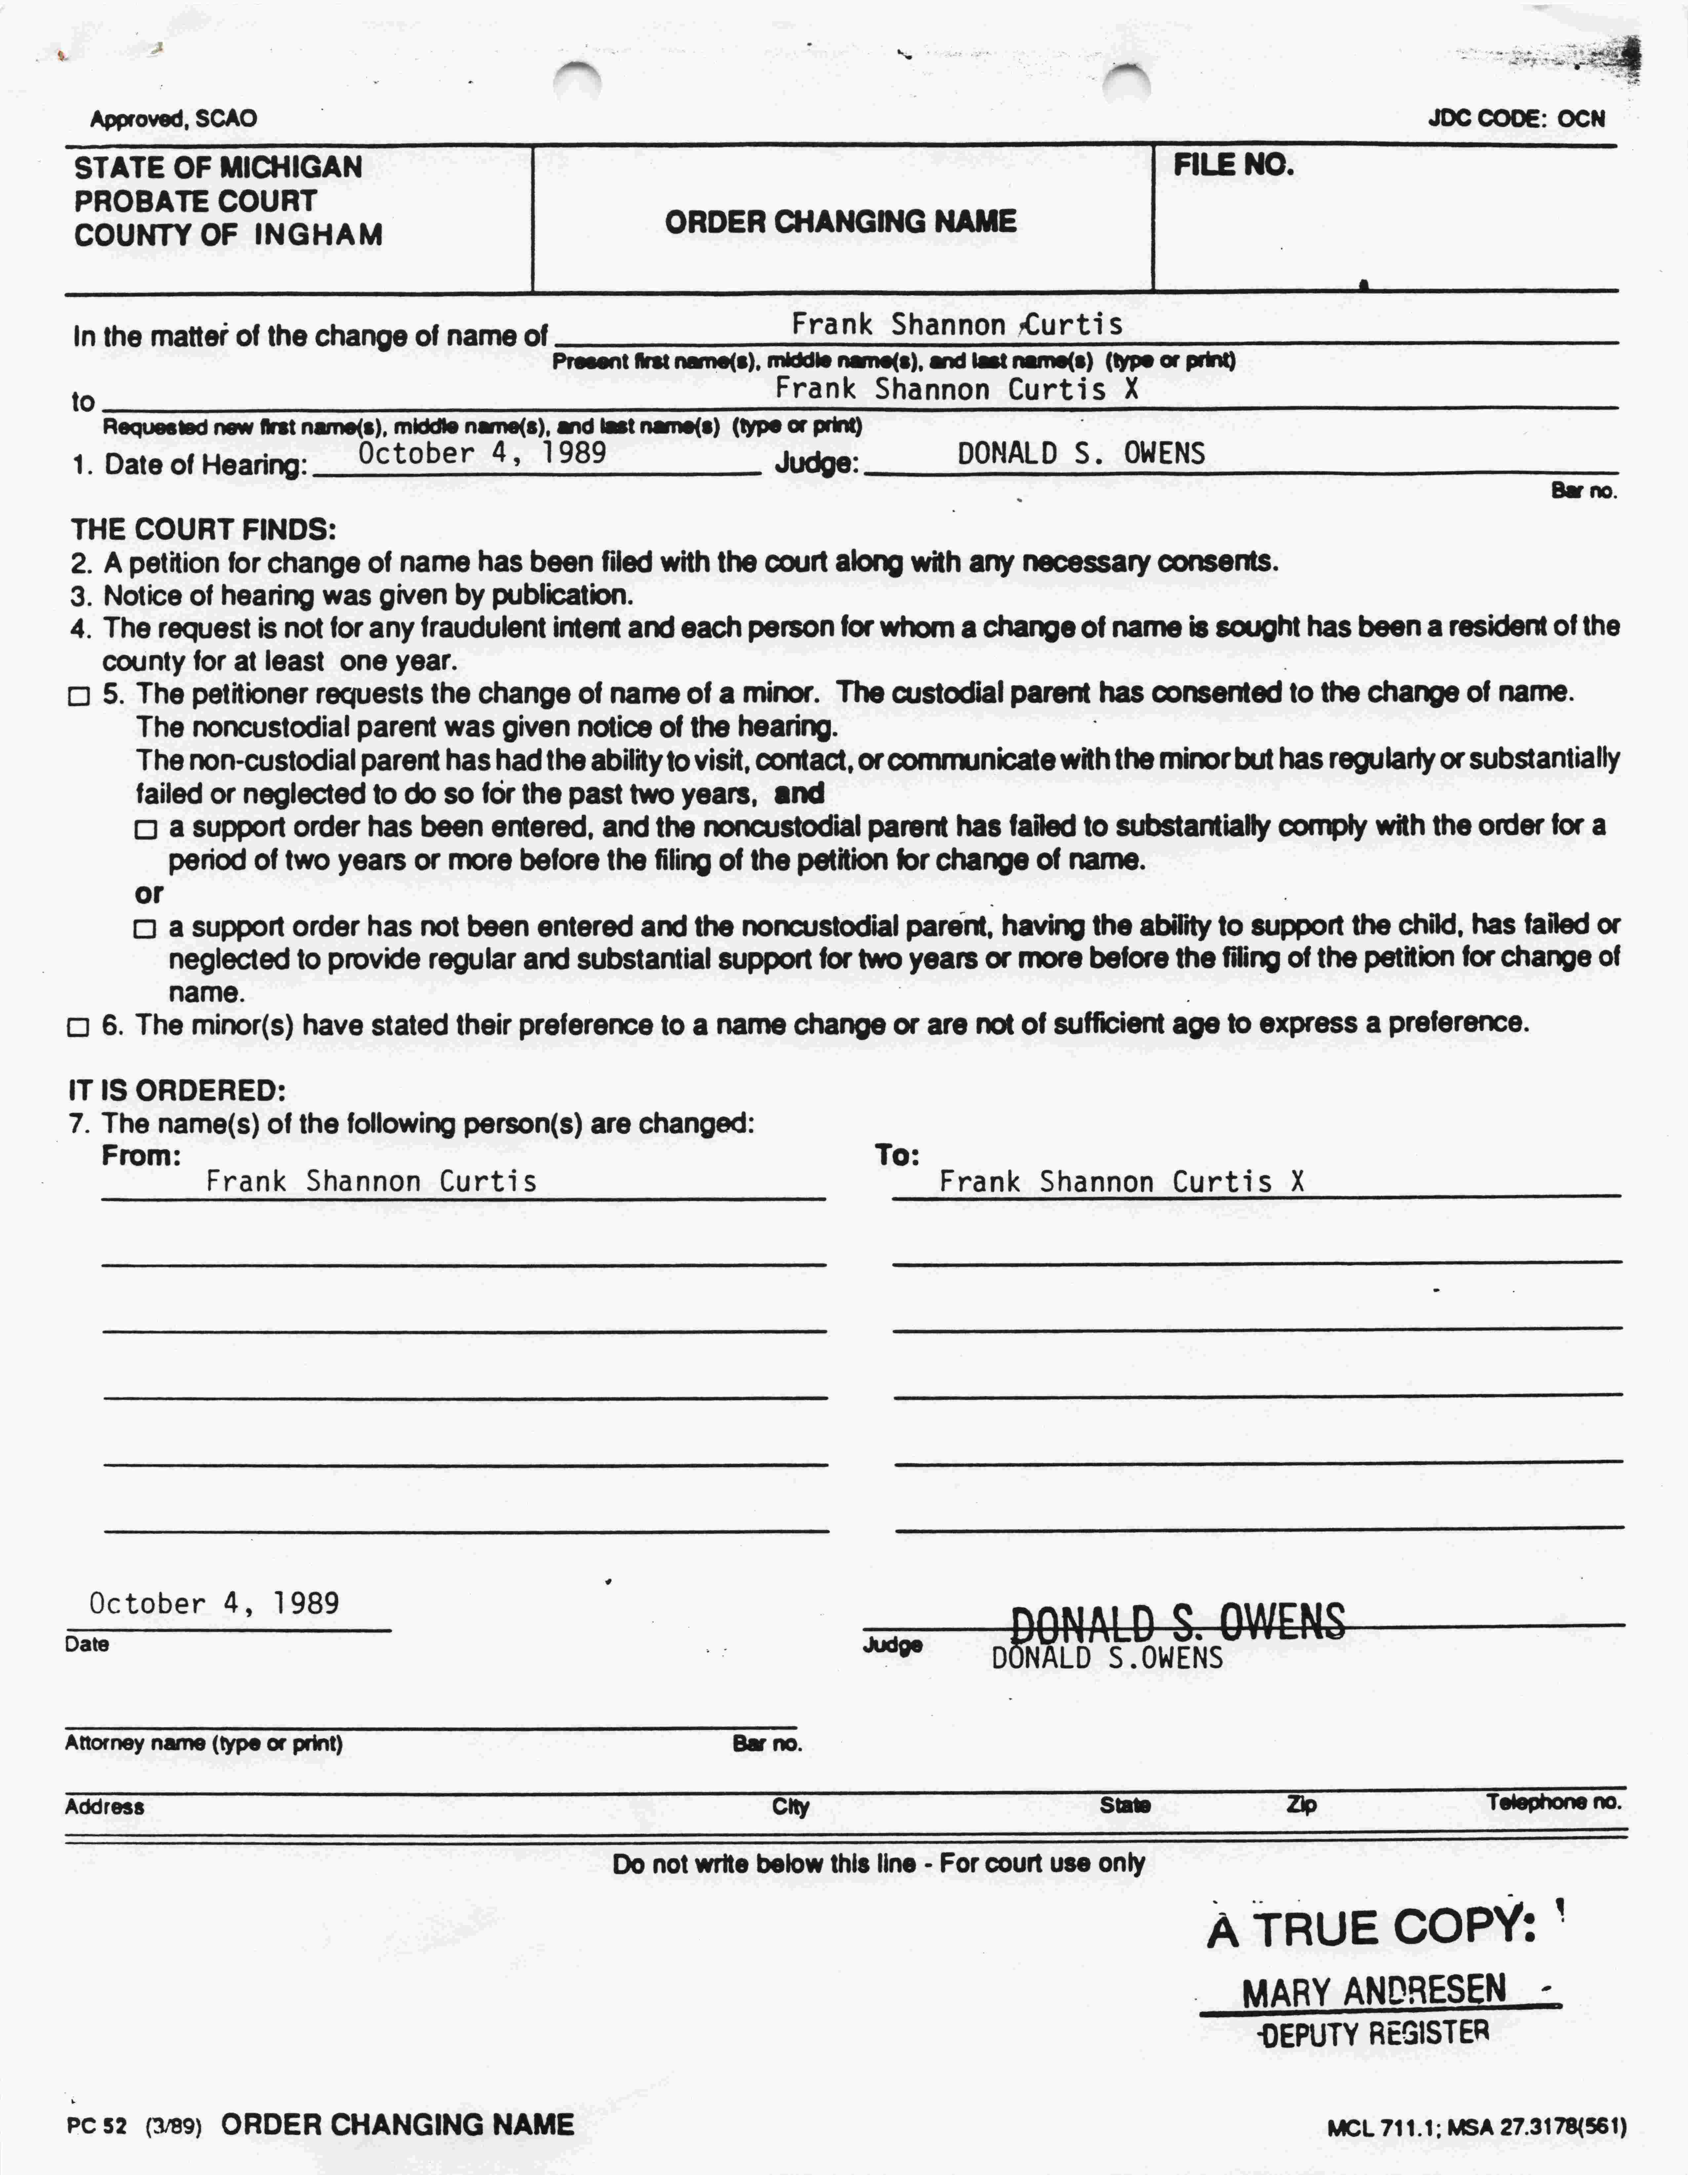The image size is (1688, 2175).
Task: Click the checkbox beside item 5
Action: tap(79, 696)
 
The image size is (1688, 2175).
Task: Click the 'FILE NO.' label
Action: tap(1233, 165)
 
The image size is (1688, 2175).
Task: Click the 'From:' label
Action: tap(141, 1156)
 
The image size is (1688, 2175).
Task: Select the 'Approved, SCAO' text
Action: tap(173, 120)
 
